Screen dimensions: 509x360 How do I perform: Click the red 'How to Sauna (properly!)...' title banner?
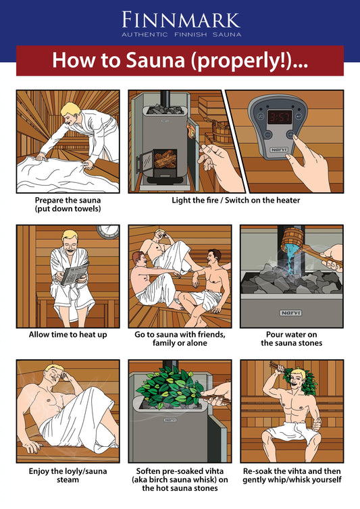[180, 61]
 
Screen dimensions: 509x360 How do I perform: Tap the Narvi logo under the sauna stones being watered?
[291, 313]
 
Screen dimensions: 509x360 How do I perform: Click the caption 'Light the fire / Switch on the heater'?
[236, 200]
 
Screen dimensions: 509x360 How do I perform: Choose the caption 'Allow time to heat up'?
[68, 334]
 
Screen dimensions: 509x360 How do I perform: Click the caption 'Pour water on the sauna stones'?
[291, 339]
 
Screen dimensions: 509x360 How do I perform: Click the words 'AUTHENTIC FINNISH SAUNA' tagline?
[180, 34]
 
